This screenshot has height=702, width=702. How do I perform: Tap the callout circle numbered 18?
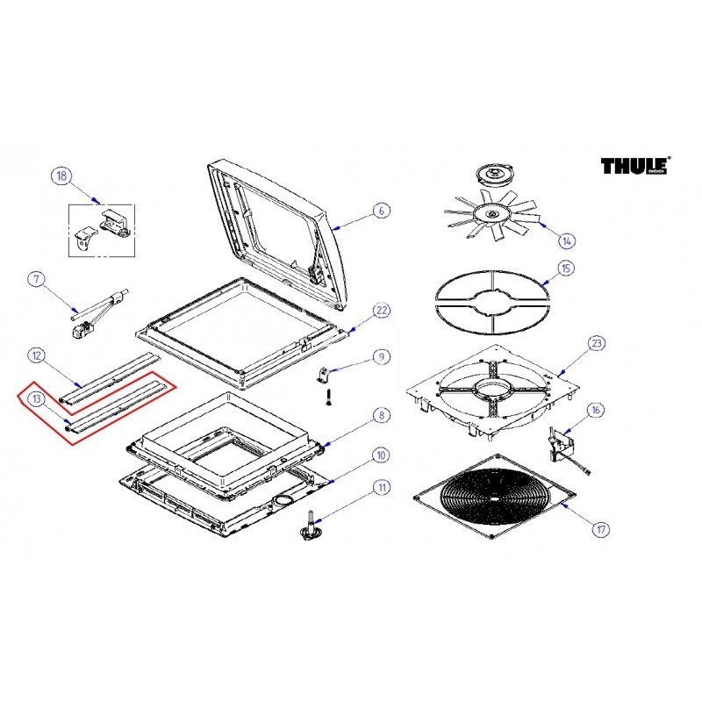pyautogui.click(x=60, y=175)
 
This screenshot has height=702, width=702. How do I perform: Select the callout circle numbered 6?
pyautogui.click(x=381, y=211)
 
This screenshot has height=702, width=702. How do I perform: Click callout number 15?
pyautogui.click(x=566, y=268)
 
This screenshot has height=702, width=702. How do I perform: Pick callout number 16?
pyautogui.click(x=597, y=410)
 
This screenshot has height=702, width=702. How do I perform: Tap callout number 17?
pyautogui.click(x=600, y=529)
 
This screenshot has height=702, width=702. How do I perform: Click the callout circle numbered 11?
pyautogui.click(x=381, y=487)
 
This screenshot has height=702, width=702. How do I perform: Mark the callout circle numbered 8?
pyautogui.click(x=381, y=415)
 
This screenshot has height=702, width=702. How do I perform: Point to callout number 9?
pyautogui.click(x=381, y=356)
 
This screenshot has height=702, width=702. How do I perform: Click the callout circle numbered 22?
pyautogui.click(x=381, y=311)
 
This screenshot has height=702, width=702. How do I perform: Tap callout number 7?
pyautogui.click(x=36, y=280)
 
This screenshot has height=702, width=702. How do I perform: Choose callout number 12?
pyautogui.click(x=36, y=355)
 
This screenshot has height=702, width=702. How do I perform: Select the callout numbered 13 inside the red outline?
pyautogui.click(x=36, y=399)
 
